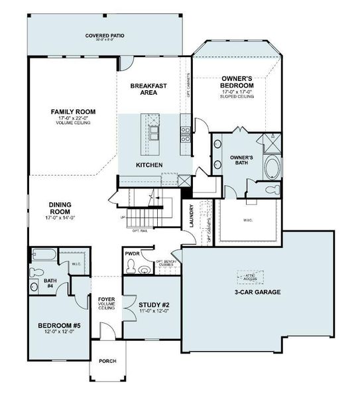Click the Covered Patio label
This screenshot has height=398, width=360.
pyautogui.click(x=105, y=36)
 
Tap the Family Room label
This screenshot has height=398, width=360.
pyautogui.click(x=70, y=111)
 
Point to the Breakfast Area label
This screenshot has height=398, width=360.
pyautogui.click(x=147, y=90)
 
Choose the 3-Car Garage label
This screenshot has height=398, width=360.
pyautogui.click(x=258, y=292)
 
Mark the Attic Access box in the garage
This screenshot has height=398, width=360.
pyautogui.click(x=249, y=278)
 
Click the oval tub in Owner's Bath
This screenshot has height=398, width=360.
pyautogui.click(x=272, y=166)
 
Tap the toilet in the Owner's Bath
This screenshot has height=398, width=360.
pyautogui.click(x=272, y=190)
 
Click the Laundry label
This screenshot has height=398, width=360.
pyautogui.click(x=191, y=216)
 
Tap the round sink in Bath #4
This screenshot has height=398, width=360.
pyautogui.click(x=34, y=286)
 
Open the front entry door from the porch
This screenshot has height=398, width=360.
pyautogui.click(x=105, y=334)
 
